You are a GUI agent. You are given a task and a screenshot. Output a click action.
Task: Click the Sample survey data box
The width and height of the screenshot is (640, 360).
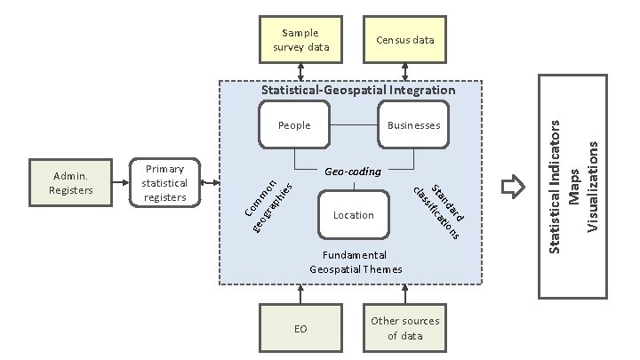(301, 40)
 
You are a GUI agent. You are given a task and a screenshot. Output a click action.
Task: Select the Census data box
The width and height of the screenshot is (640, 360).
(405, 40)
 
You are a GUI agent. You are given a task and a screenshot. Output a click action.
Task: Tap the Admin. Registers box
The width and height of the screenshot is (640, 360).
(67, 183)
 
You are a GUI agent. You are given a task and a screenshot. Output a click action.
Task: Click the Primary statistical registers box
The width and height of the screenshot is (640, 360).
(166, 183)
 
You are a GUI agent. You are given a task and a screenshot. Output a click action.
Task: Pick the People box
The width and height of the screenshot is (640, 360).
(294, 125)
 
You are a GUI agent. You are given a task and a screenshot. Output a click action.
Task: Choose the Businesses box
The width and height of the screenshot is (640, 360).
(413, 125)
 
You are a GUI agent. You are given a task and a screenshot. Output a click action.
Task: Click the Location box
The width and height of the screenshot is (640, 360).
(354, 215)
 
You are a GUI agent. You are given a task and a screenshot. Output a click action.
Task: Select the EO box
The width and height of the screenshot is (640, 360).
(300, 329)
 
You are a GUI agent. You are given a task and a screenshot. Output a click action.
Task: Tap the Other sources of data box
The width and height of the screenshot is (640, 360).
(405, 329)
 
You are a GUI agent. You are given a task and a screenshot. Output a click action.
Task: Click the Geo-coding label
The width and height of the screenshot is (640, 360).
(354, 171)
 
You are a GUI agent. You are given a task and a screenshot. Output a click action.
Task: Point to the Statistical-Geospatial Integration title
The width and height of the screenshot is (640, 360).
(358, 90)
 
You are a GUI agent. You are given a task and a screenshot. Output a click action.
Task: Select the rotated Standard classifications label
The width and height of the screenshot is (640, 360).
(438, 210)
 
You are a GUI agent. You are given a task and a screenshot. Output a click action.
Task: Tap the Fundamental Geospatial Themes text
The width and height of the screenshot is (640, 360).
(356, 262)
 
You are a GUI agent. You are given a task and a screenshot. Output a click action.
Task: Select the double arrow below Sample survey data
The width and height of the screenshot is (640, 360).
(301, 71)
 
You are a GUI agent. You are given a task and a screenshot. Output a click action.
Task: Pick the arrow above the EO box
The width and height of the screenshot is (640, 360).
(301, 293)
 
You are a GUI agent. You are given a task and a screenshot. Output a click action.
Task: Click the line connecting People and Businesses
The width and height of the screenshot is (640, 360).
(354, 125)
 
